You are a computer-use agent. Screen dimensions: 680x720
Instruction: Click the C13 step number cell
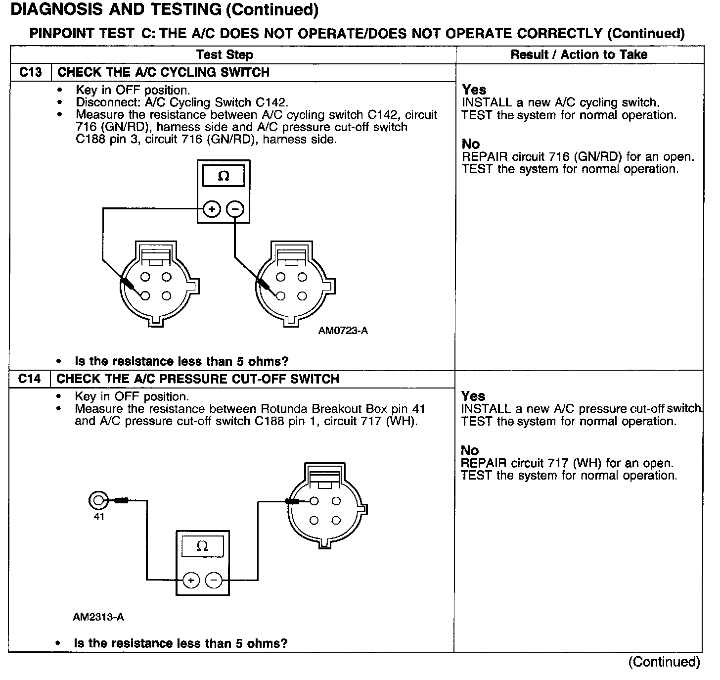pos(30,72)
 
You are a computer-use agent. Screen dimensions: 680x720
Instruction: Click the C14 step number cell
pos(30,379)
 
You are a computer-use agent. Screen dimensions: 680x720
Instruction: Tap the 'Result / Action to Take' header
pos(579,54)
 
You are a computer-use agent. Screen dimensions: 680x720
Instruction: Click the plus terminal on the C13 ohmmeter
pos(212,210)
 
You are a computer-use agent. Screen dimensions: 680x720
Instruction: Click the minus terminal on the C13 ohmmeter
pos(235,210)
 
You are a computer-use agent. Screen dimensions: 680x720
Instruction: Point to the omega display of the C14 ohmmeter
pos(202,546)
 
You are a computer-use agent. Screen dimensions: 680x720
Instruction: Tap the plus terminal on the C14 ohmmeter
pos(191,580)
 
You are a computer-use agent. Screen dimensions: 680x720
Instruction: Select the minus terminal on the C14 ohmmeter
pos(214,580)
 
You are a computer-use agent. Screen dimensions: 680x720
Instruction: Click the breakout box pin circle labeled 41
pos(98,501)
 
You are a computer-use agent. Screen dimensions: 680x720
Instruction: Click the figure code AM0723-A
pos(343,331)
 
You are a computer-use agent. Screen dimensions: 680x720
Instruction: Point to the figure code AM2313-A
pos(98,617)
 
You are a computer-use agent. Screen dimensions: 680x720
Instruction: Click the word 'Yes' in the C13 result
pos(474,90)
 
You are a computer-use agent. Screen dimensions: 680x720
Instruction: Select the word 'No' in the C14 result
pos(470,450)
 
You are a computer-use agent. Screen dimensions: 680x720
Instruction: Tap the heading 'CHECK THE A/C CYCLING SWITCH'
pos(163,72)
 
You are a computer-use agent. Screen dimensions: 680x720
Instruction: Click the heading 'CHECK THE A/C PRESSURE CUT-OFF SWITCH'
pos(198,379)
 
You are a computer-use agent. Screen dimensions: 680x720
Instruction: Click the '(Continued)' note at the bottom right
pos(664,662)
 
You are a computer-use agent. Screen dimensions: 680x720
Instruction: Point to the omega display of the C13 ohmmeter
pos(224,177)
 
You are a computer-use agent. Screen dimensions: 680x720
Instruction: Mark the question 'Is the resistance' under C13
pos(181,361)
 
